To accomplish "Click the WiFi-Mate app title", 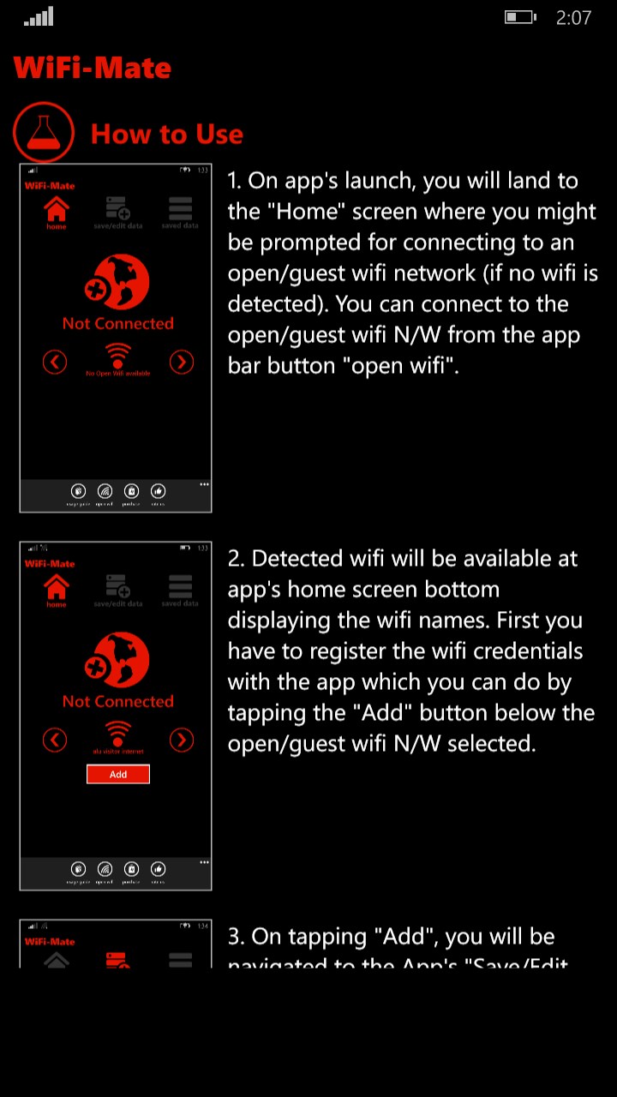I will click(x=93, y=68).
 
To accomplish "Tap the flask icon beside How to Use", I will click(x=44, y=133).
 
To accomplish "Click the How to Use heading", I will click(x=167, y=134).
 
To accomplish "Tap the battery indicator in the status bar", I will click(x=520, y=17).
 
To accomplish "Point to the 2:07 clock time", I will click(x=573, y=17).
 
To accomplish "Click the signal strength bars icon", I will click(x=39, y=16).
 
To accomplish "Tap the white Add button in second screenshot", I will click(x=118, y=774).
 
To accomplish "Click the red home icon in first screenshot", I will click(x=57, y=209).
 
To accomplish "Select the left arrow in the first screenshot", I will click(x=55, y=362).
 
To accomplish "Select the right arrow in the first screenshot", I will click(x=181, y=362).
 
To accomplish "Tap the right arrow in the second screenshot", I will click(x=181, y=740).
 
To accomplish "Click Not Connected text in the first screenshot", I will click(x=117, y=323).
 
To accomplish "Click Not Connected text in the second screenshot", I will click(x=117, y=701).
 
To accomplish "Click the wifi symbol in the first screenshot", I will click(x=117, y=355).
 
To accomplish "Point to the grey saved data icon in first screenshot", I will click(x=180, y=209).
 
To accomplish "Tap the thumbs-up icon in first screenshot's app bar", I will click(x=158, y=491).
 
